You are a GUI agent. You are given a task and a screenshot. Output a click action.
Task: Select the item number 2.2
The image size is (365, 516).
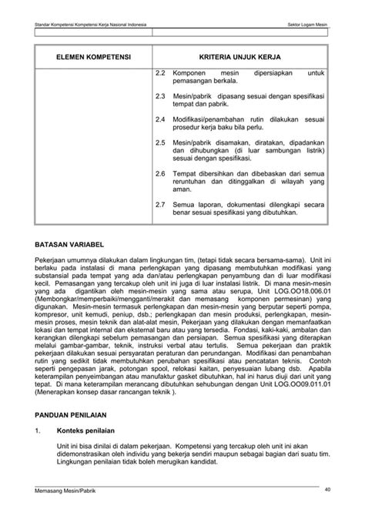click(161, 72)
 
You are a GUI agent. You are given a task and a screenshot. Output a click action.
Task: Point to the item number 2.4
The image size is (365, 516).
click(161, 121)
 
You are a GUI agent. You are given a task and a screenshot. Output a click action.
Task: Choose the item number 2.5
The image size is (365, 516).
click(161, 143)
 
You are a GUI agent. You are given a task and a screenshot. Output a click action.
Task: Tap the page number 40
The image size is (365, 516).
click(327, 489)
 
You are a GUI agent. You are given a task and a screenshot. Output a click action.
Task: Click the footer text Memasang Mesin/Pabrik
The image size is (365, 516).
click(65, 491)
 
